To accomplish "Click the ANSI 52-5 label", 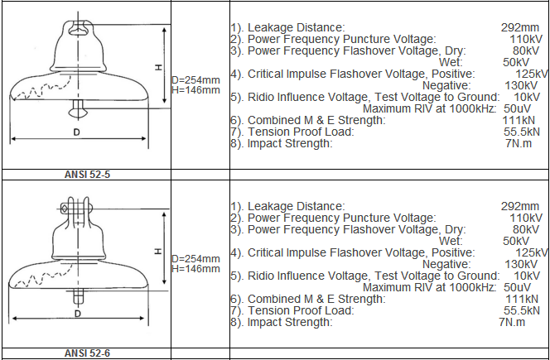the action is point(87,175).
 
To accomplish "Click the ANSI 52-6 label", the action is point(87,353).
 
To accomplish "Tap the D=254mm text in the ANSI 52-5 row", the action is point(195,80).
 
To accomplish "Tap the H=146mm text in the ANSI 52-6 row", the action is point(195,269).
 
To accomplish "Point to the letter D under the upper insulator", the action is point(77,132).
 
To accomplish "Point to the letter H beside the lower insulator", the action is point(158,251).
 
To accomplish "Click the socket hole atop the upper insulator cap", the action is point(78,31).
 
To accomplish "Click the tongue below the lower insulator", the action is point(79,297).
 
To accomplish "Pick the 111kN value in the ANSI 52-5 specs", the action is point(519,120).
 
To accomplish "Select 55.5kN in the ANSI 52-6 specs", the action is point(522,310).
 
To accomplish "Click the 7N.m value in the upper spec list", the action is point(519,143).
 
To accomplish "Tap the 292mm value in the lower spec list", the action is point(520,206).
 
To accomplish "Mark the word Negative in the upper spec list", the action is point(446,85).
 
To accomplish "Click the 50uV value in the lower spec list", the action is point(517,287).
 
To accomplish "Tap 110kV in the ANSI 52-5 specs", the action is point(526,39).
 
